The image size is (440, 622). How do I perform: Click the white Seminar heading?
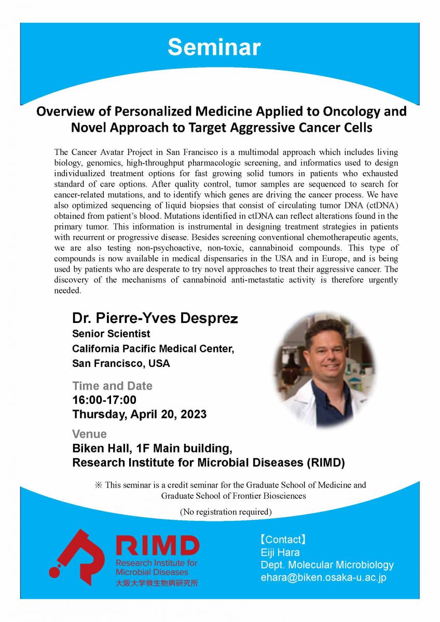coord(214,47)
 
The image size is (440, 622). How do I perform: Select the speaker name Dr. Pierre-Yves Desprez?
coord(155,319)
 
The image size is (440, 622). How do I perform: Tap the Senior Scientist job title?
coord(111,334)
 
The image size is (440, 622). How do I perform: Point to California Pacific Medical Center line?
coord(153,349)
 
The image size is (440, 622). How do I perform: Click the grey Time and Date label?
coord(112,386)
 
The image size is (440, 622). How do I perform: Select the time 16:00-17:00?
coord(104,400)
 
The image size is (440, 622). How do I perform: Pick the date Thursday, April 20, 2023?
coord(139,415)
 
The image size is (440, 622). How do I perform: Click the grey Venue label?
coord(89,434)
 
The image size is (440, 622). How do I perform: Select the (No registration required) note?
coord(226,512)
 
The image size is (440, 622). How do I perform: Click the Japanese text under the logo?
coord(156,583)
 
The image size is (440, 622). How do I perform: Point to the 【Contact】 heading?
coord(283,540)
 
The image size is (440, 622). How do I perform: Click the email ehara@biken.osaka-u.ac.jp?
coord(323,577)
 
